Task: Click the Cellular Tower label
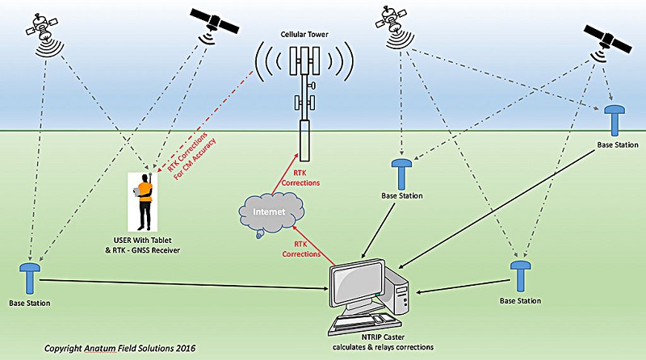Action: tap(304, 35)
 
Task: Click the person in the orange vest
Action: tap(145, 202)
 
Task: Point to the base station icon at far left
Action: tap(30, 278)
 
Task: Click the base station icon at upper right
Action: tap(615, 120)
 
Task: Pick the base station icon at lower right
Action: tap(520, 276)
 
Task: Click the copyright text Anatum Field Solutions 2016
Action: tap(120, 349)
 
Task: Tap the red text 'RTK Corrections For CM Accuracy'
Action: tap(191, 157)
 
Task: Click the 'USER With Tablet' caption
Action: tap(143, 241)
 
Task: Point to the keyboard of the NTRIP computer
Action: tap(359, 324)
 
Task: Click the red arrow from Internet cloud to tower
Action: tap(284, 173)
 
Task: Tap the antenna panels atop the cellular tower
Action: tap(304, 61)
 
